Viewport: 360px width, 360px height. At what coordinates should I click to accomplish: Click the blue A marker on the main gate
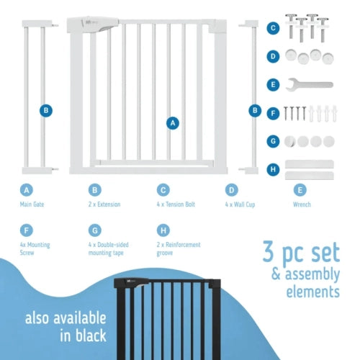[173, 123]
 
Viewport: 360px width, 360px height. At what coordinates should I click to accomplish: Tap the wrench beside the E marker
[309, 85]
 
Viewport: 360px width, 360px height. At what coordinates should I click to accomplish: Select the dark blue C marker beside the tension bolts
[273, 28]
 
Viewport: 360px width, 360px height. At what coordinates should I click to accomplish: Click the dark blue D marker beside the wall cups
[273, 56]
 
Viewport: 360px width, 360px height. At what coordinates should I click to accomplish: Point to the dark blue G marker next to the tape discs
[273, 141]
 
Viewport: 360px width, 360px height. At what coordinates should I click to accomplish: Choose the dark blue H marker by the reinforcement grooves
[273, 169]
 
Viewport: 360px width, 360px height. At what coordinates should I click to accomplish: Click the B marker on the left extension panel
[46, 111]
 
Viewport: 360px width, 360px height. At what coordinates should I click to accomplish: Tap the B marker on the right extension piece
[255, 111]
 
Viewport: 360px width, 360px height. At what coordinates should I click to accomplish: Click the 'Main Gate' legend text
[32, 204]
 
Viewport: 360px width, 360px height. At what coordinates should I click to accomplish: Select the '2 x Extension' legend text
[104, 204]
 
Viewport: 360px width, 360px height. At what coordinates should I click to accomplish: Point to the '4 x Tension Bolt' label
[176, 204]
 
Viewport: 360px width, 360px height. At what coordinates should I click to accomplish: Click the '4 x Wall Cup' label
[240, 204]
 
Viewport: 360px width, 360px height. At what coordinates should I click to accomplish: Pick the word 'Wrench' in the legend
[302, 204]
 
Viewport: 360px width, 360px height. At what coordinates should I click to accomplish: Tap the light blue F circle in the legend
[27, 230]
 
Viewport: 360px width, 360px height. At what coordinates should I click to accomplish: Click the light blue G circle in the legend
[95, 230]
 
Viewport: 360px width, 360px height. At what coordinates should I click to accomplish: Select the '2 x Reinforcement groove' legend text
[179, 248]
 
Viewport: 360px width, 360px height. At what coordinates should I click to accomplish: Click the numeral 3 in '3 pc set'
[269, 251]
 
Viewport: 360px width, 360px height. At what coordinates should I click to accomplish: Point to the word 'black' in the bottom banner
[91, 336]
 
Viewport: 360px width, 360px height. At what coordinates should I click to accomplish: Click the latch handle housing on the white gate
[93, 24]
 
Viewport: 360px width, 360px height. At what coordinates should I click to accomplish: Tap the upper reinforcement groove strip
[310, 164]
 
